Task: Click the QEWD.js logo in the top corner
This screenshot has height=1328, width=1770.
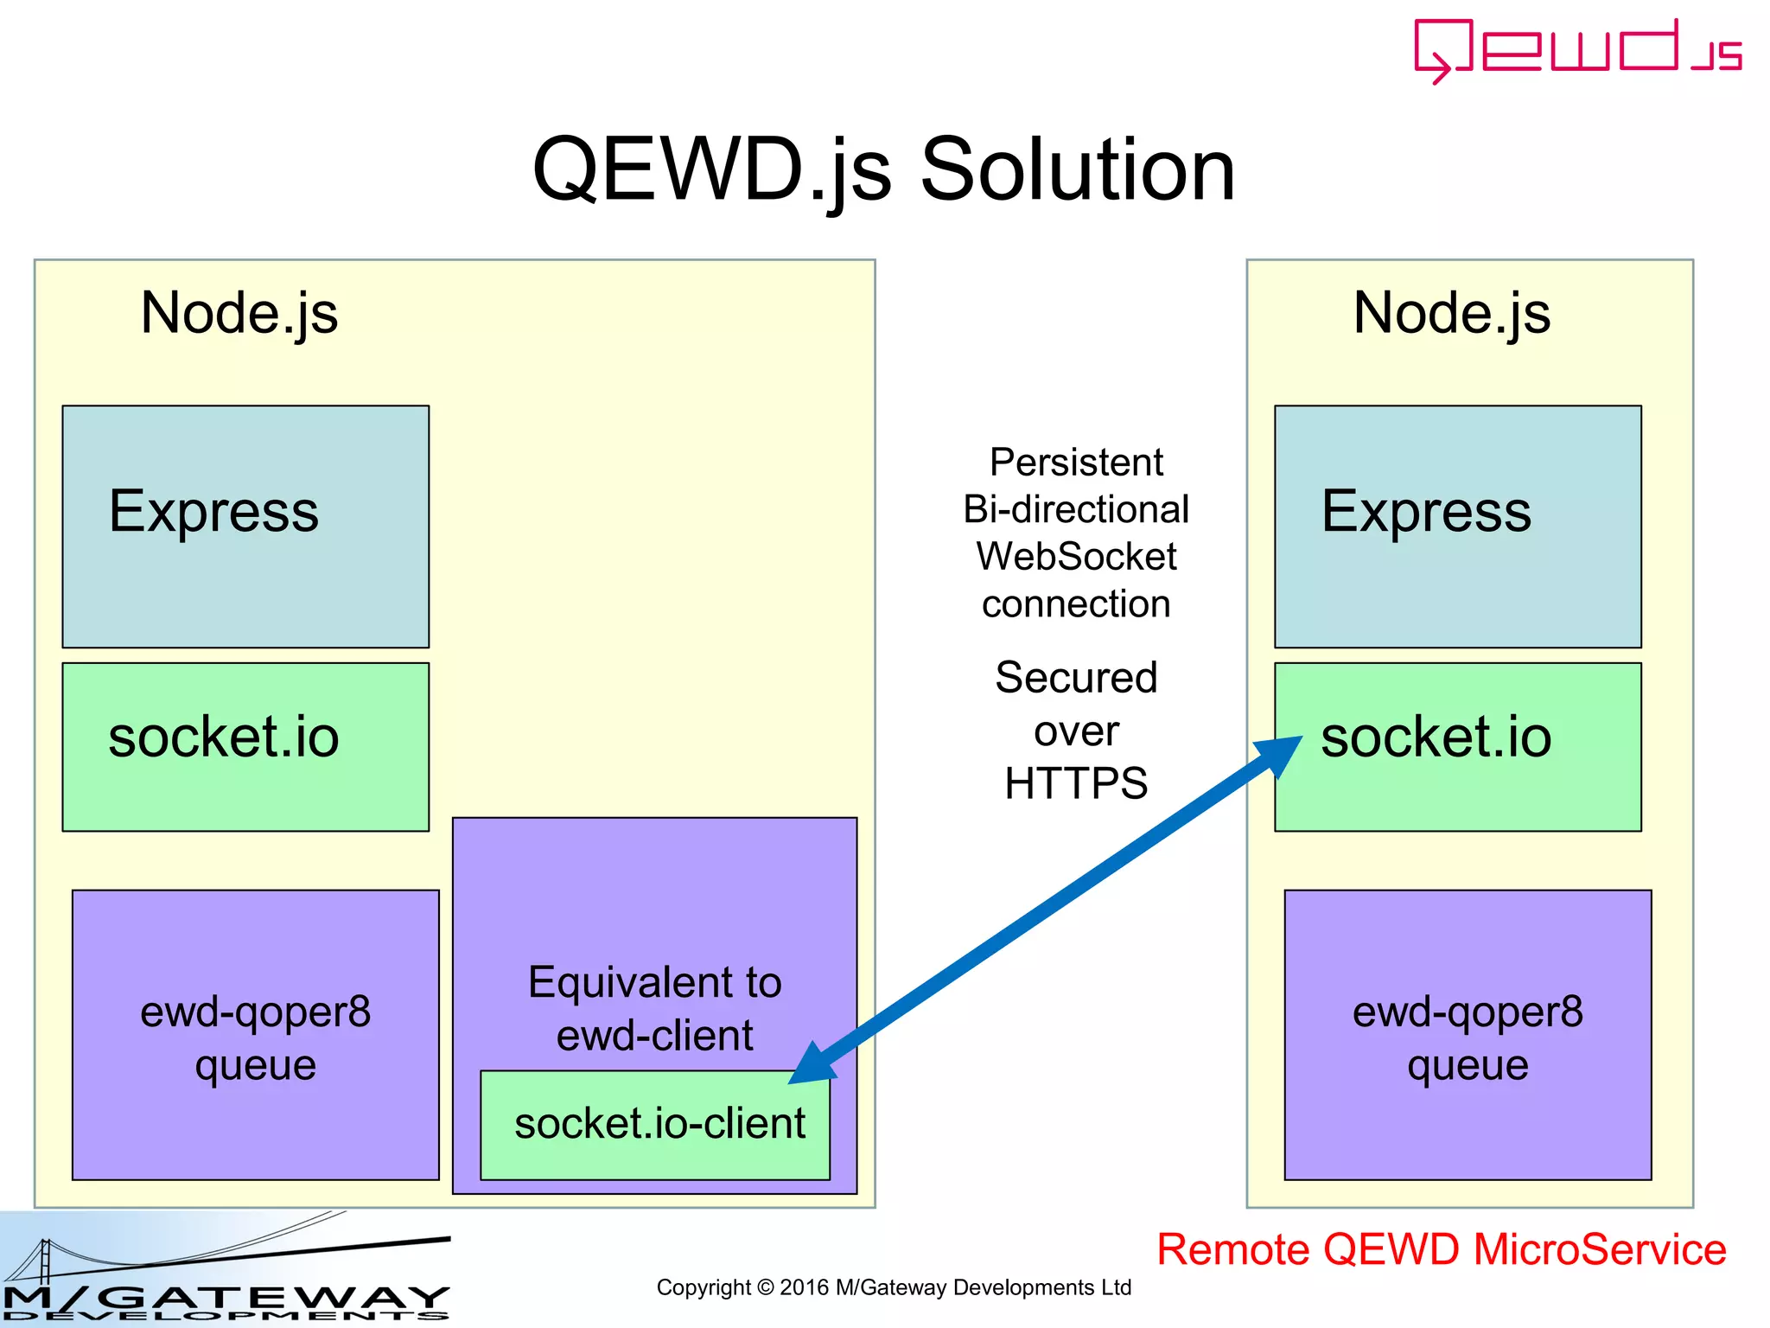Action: click(1577, 50)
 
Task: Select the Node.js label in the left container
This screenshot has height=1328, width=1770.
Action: click(239, 312)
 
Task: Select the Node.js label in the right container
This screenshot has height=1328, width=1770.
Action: click(1451, 312)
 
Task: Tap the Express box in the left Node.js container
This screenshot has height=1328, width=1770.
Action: click(245, 527)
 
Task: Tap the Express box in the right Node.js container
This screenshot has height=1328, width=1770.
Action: click(1457, 527)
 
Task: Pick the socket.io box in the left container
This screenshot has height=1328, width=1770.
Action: click(245, 746)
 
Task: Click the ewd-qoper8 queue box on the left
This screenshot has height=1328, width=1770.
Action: click(255, 1035)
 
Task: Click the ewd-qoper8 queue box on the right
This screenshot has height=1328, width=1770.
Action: click(1468, 1035)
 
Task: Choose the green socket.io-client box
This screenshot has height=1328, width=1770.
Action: click(655, 1125)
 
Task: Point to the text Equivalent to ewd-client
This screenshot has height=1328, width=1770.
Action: click(654, 1008)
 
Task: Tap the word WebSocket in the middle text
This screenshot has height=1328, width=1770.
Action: click(1076, 556)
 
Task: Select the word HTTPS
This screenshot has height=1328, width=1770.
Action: click(1076, 783)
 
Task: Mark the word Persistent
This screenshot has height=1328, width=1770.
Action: click(1076, 462)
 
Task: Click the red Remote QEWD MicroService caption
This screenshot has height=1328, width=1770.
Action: click(1441, 1249)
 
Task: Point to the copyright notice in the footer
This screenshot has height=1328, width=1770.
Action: click(894, 1287)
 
